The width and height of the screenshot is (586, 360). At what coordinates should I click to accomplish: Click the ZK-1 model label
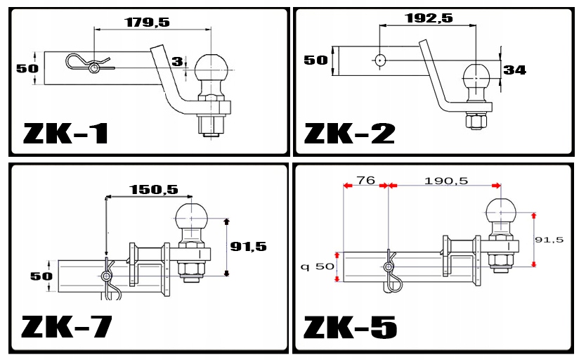pyautogui.click(x=66, y=134)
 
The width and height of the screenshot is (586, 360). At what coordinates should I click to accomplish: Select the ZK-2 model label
pyautogui.click(x=349, y=134)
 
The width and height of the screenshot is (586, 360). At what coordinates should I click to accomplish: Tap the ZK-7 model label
pyautogui.click(x=67, y=327)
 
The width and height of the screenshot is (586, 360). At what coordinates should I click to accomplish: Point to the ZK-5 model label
pyautogui.click(x=350, y=327)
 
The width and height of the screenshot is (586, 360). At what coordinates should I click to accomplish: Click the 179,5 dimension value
pyautogui.click(x=148, y=22)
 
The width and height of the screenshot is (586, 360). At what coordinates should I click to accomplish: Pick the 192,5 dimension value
pyautogui.click(x=429, y=18)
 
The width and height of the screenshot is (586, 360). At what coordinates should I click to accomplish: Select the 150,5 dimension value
pyautogui.click(x=154, y=190)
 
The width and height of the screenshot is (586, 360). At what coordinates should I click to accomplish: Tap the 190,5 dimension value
pyautogui.click(x=446, y=181)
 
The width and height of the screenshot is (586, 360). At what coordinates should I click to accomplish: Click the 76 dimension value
pyautogui.click(x=365, y=181)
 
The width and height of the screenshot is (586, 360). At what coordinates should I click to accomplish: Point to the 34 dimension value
pyautogui.click(x=514, y=70)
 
